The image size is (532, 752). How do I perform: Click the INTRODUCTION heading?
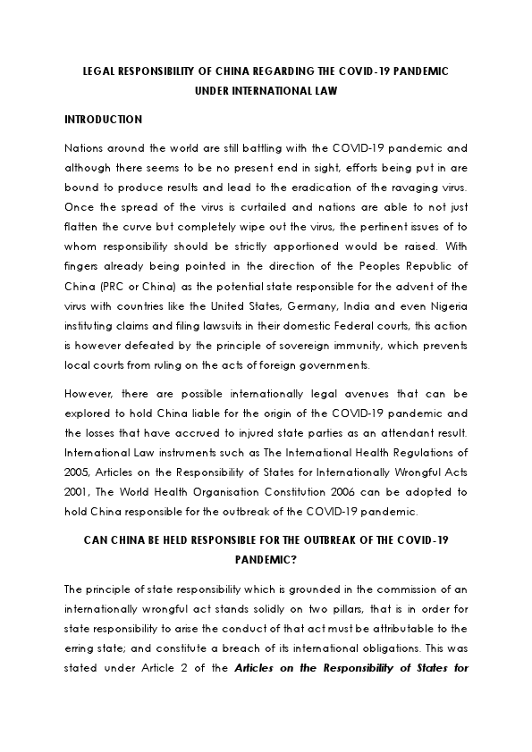[104, 119]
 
